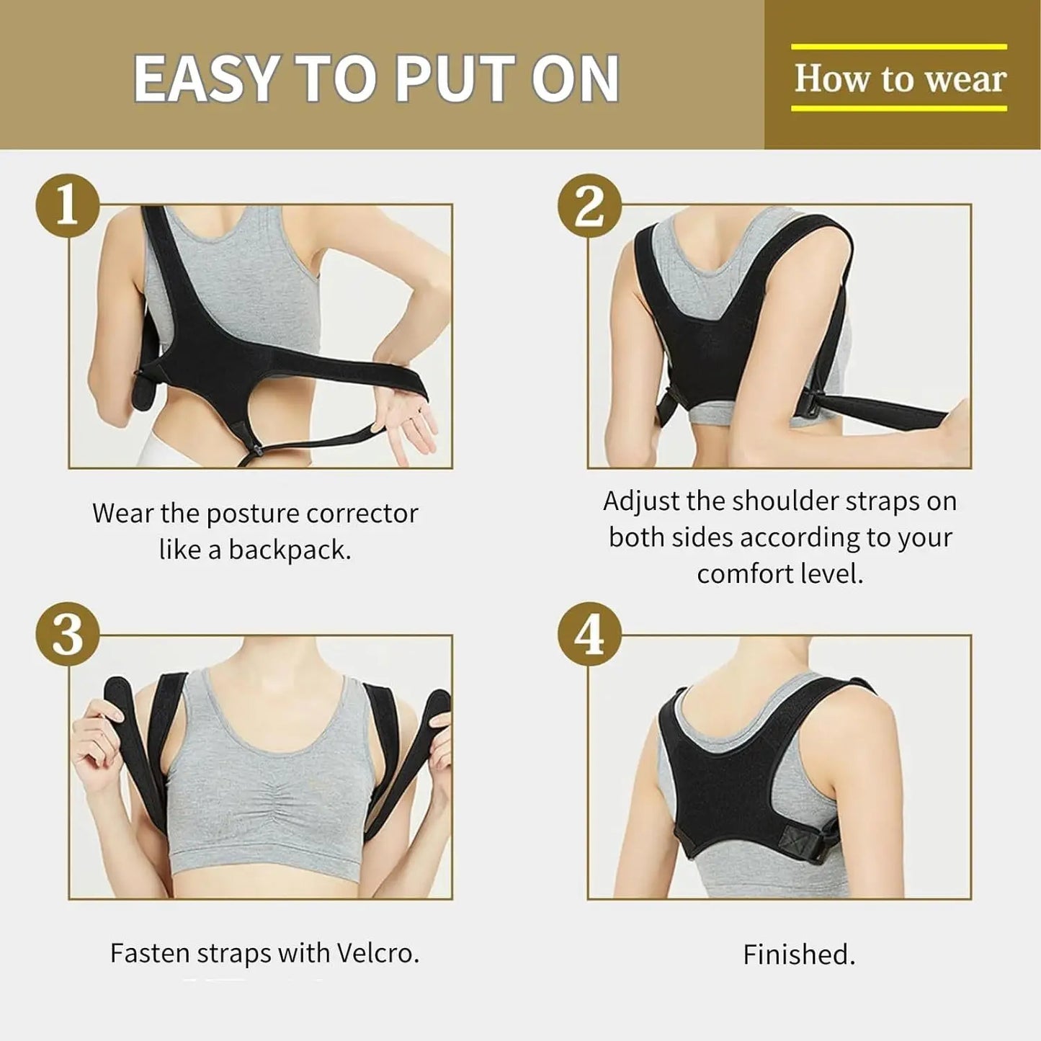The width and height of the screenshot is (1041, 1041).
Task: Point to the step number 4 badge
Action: [589, 635]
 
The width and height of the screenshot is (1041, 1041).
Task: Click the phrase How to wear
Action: [899, 79]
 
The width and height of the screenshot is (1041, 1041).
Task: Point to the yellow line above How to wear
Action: [899, 47]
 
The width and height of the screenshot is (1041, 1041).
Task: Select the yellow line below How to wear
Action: [899, 109]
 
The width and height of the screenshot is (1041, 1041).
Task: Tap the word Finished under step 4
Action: [798, 955]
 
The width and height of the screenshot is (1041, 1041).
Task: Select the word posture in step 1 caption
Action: [252, 514]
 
